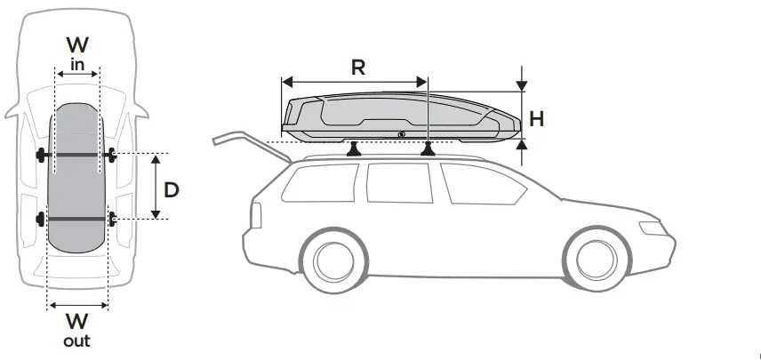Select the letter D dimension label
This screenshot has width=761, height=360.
tap(172, 188)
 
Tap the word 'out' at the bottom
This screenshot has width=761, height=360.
tap(76, 340)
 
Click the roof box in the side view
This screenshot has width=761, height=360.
tap(400, 116)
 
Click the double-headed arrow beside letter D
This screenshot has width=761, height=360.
tap(155, 187)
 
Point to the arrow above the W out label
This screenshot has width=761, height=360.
tap(76, 304)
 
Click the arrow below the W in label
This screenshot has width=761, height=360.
tap(77, 76)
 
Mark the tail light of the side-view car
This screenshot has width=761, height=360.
tap(256, 214)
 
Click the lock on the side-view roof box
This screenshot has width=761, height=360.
tap(402, 134)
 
